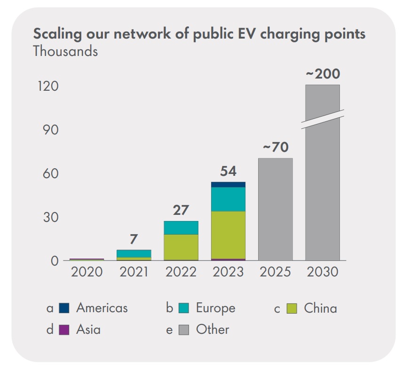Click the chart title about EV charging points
pyautogui.click(x=199, y=34)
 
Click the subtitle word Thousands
pyautogui.click(x=65, y=51)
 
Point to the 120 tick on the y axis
pyautogui.click(x=48, y=87)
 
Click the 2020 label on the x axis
pyautogui.click(x=87, y=272)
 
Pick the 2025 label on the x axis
pyautogui.click(x=275, y=272)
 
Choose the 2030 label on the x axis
pyautogui.click(x=322, y=272)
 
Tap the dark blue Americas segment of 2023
pyautogui.click(x=228, y=184)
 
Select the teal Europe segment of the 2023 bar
pyautogui.click(x=228, y=199)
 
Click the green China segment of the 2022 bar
pyautogui.click(x=181, y=247)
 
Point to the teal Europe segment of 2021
pyautogui.click(x=134, y=253)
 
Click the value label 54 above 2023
pyautogui.click(x=228, y=172)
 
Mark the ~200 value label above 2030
pyautogui.click(x=323, y=74)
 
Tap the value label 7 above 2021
pyautogui.click(x=134, y=239)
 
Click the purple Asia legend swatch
pyautogui.click(x=64, y=330)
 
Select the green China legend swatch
pyautogui.click(x=292, y=308)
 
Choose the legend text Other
pyautogui.click(x=213, y=330)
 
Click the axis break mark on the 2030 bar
pyautogui.click(x=323, y=119)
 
